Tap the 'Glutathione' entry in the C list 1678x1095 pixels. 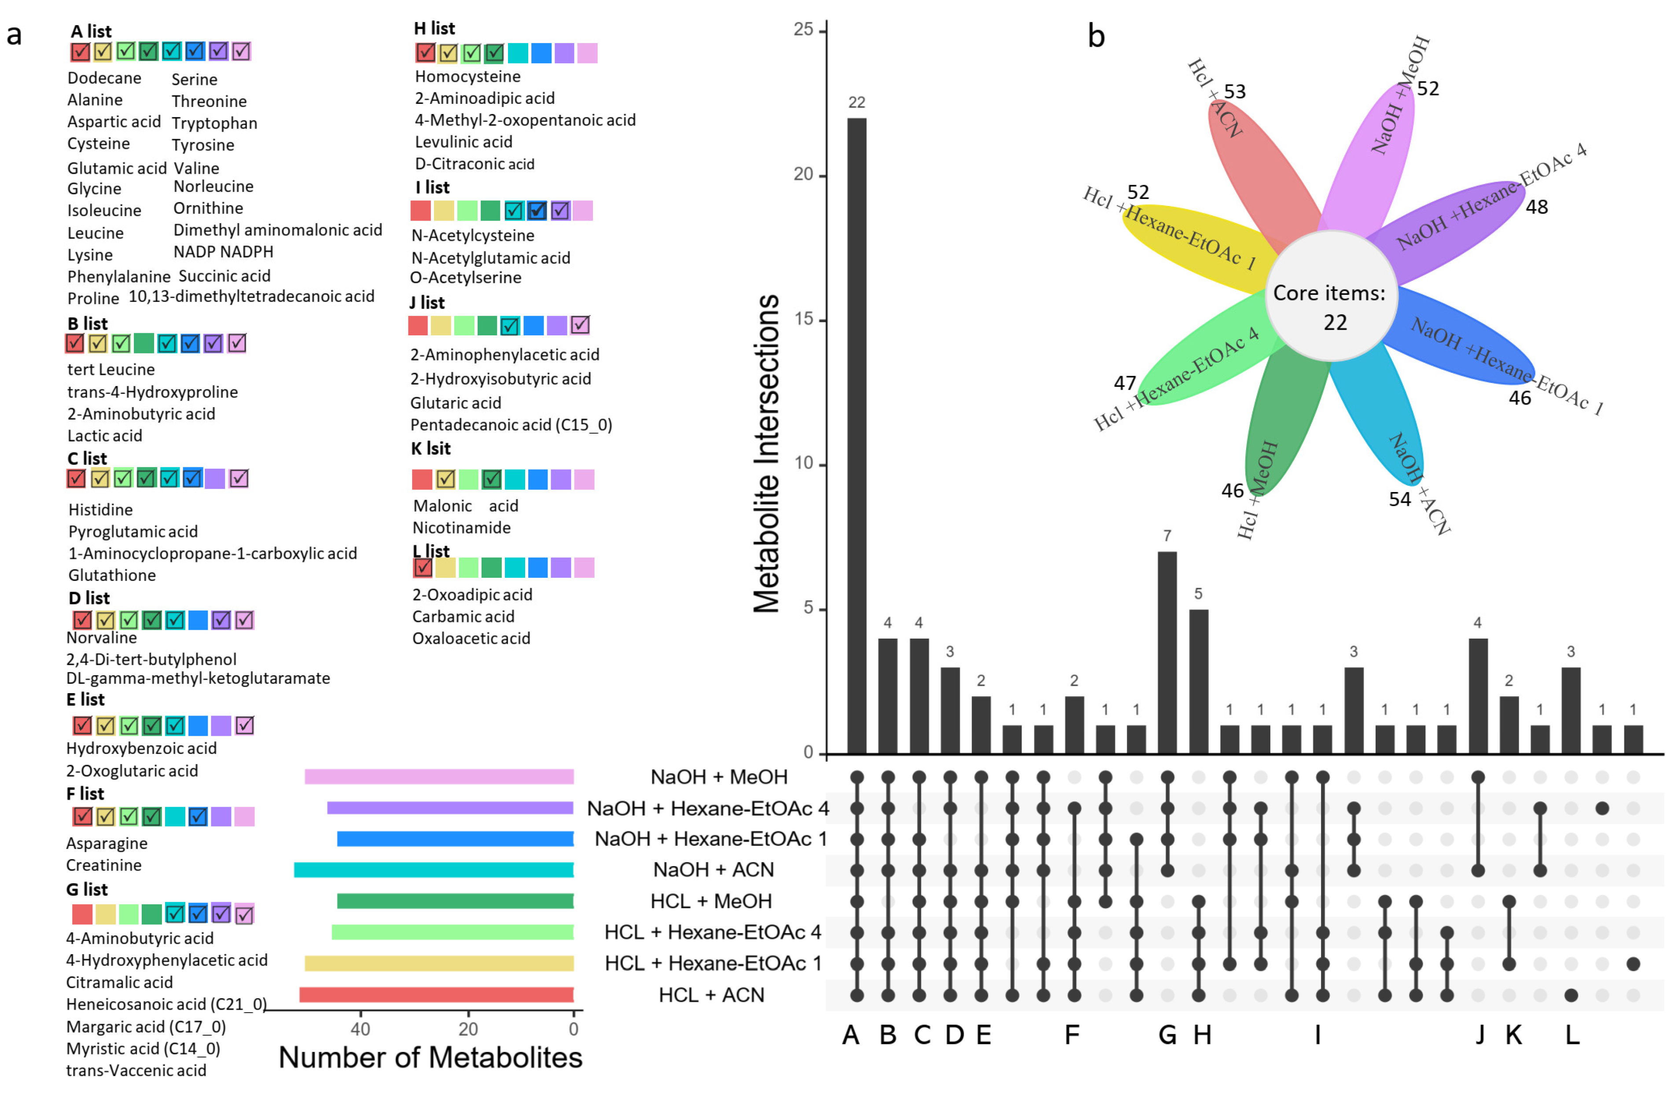112,575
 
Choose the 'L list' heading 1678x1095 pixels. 431,551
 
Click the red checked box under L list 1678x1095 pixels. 422,568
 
